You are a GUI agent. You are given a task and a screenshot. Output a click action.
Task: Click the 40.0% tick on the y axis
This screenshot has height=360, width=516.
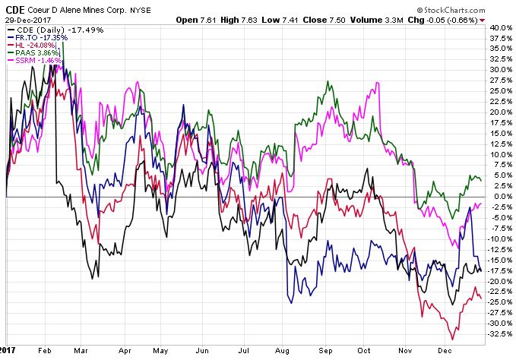[501, 27]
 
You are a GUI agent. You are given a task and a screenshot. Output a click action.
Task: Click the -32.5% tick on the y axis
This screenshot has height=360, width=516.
[499, 333]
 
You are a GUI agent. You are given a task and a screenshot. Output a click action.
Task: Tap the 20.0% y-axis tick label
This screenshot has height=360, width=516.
[501, 112]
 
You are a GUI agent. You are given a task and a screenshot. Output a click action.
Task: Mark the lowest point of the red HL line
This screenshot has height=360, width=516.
[453, 339]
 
